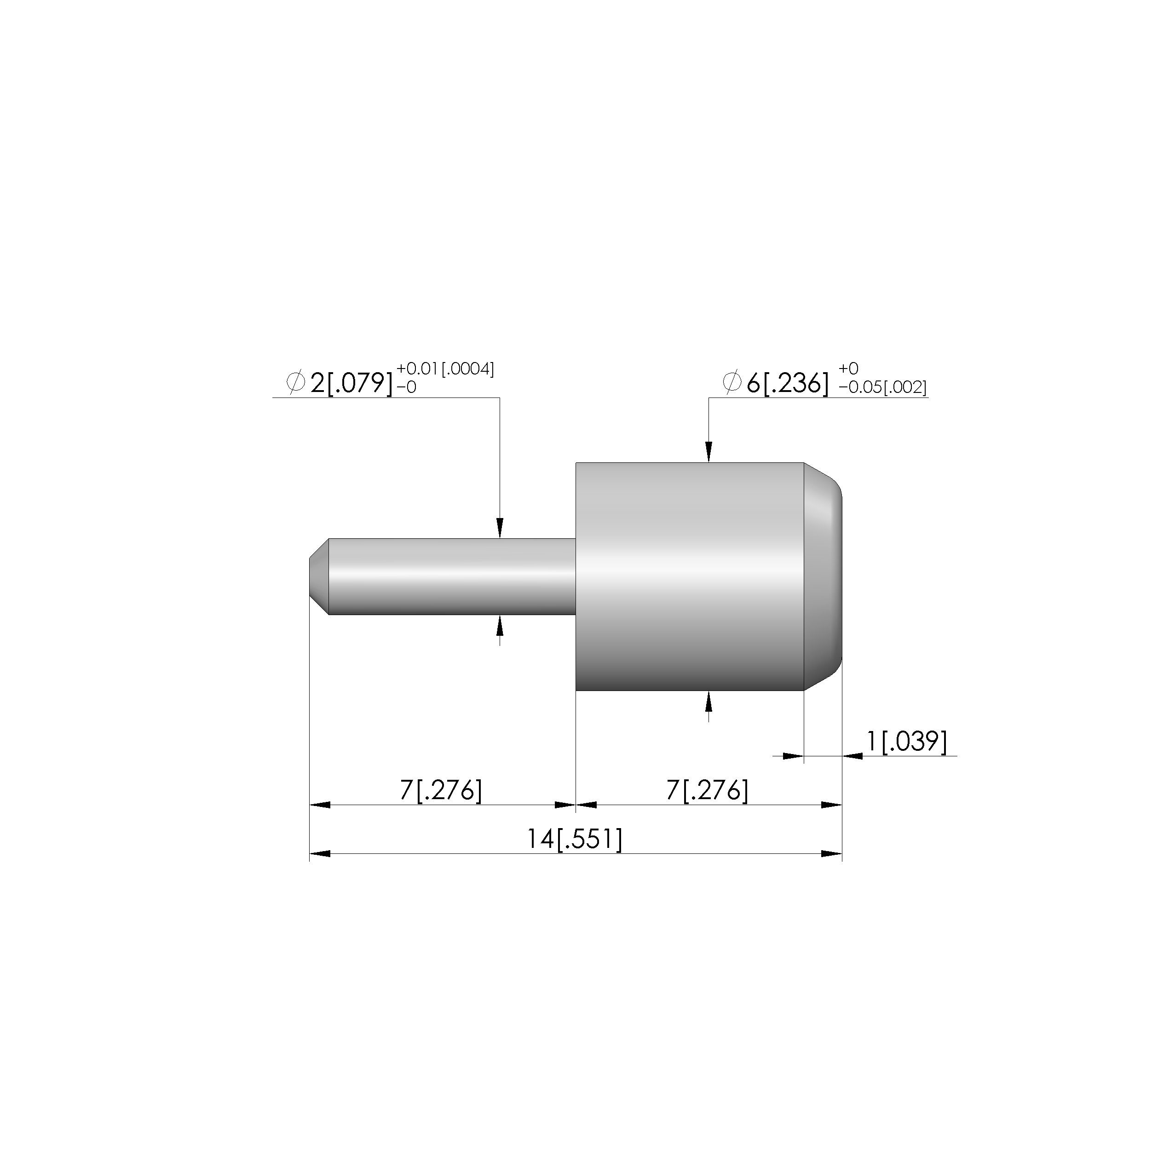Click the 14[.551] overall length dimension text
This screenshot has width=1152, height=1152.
(x=574, y=840)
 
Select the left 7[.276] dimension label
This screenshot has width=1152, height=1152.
(x=441, y=791)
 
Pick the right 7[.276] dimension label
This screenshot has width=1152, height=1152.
(x=707, y=791)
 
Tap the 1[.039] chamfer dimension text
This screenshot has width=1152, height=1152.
(x=906, y=742)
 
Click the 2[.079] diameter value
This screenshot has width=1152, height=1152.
(x=352, y=383)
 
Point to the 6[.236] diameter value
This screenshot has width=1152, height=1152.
(x=788, y=383)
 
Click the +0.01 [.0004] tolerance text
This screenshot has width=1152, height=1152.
(x=445, y=369)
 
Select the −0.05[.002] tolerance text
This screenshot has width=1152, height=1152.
(x=882, y=387)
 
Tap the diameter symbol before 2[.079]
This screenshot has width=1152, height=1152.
(x=296, y=382)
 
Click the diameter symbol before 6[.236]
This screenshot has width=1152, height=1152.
(x=732, y=382)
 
